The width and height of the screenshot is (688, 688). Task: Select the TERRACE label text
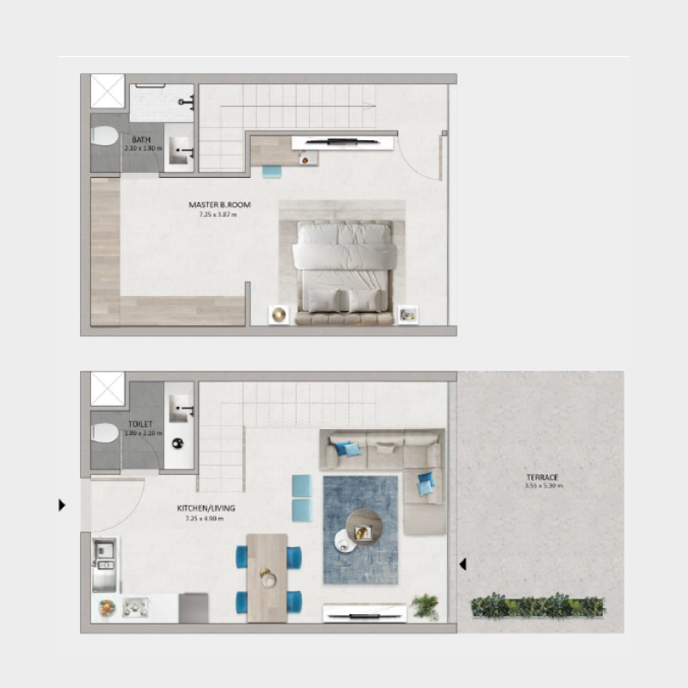[543, 476]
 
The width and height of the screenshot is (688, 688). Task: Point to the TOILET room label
[140, 425]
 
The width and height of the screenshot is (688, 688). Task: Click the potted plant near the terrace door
[424, 605]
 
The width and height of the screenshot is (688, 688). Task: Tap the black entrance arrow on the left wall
[61, 505]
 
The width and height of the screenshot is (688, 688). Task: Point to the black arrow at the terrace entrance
[463, 565]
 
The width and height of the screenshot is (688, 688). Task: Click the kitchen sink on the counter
[103, 551]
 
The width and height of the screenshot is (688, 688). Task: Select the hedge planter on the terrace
[537, 605]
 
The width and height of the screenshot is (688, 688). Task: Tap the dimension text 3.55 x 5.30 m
[543, 487]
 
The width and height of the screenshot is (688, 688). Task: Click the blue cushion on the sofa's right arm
[426, 485]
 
